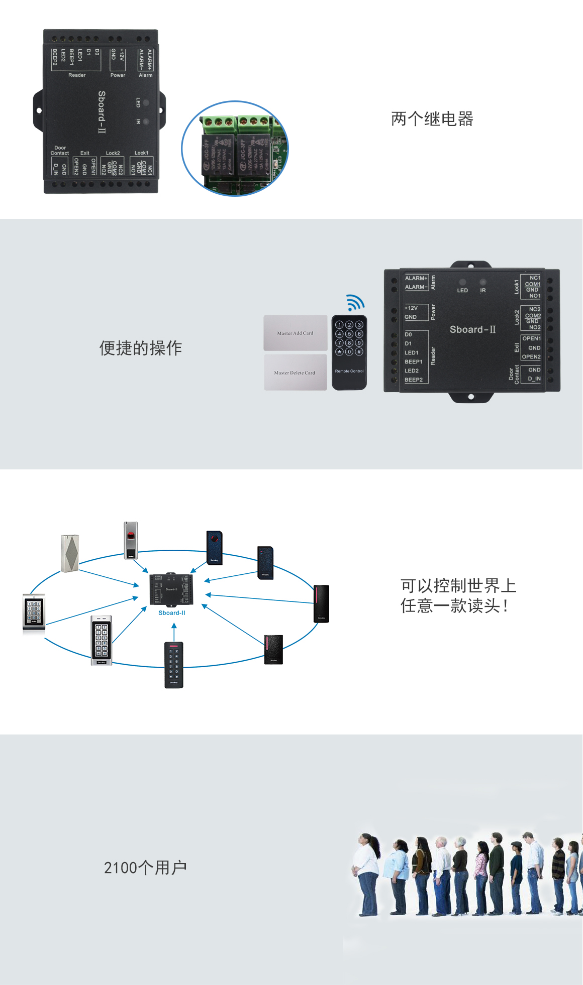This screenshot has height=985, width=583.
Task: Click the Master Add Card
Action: pos(296,333)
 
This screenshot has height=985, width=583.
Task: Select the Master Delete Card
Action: pos(295,373)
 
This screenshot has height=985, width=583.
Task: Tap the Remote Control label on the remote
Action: pos(349,371)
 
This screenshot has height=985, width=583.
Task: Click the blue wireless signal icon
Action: pos(355,302)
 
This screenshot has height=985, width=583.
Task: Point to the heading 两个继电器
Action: pos(432,119)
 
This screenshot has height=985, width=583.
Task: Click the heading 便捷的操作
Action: pos(141,348)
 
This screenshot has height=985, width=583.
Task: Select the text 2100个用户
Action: pos(145,867)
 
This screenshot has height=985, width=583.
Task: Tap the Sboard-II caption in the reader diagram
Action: pos(172,613)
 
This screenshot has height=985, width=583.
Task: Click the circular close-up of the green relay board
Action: pos(235,149)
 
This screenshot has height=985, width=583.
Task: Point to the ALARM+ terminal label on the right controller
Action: pos(416,278)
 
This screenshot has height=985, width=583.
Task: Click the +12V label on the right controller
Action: pos(411,308)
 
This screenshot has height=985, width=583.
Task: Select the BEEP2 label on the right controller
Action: pos(414,380)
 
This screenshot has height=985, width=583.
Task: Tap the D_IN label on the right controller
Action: pos(534,379)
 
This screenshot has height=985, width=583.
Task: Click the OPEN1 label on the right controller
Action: pos(531,339)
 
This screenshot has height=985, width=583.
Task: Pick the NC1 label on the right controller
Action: pos(535,278)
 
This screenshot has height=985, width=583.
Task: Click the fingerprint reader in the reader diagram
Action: pos(131,540)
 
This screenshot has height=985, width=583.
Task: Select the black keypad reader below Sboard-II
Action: pos(174,665)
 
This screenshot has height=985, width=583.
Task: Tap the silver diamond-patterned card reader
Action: pos(70,553)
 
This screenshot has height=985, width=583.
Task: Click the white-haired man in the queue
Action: pos(442,874)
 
